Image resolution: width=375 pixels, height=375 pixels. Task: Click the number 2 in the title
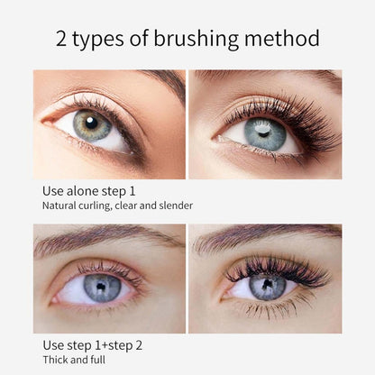(x=62, y=39)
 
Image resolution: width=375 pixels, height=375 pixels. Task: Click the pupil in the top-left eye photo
(x=94, y=125)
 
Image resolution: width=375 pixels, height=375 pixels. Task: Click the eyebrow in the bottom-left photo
(x=99, y=239)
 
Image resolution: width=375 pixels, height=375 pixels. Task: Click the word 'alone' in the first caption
(x=87, y=191)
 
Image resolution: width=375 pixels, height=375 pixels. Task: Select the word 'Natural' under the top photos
(x=62, y=206)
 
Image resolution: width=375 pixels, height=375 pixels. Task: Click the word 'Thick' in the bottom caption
(x=56, y=360)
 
